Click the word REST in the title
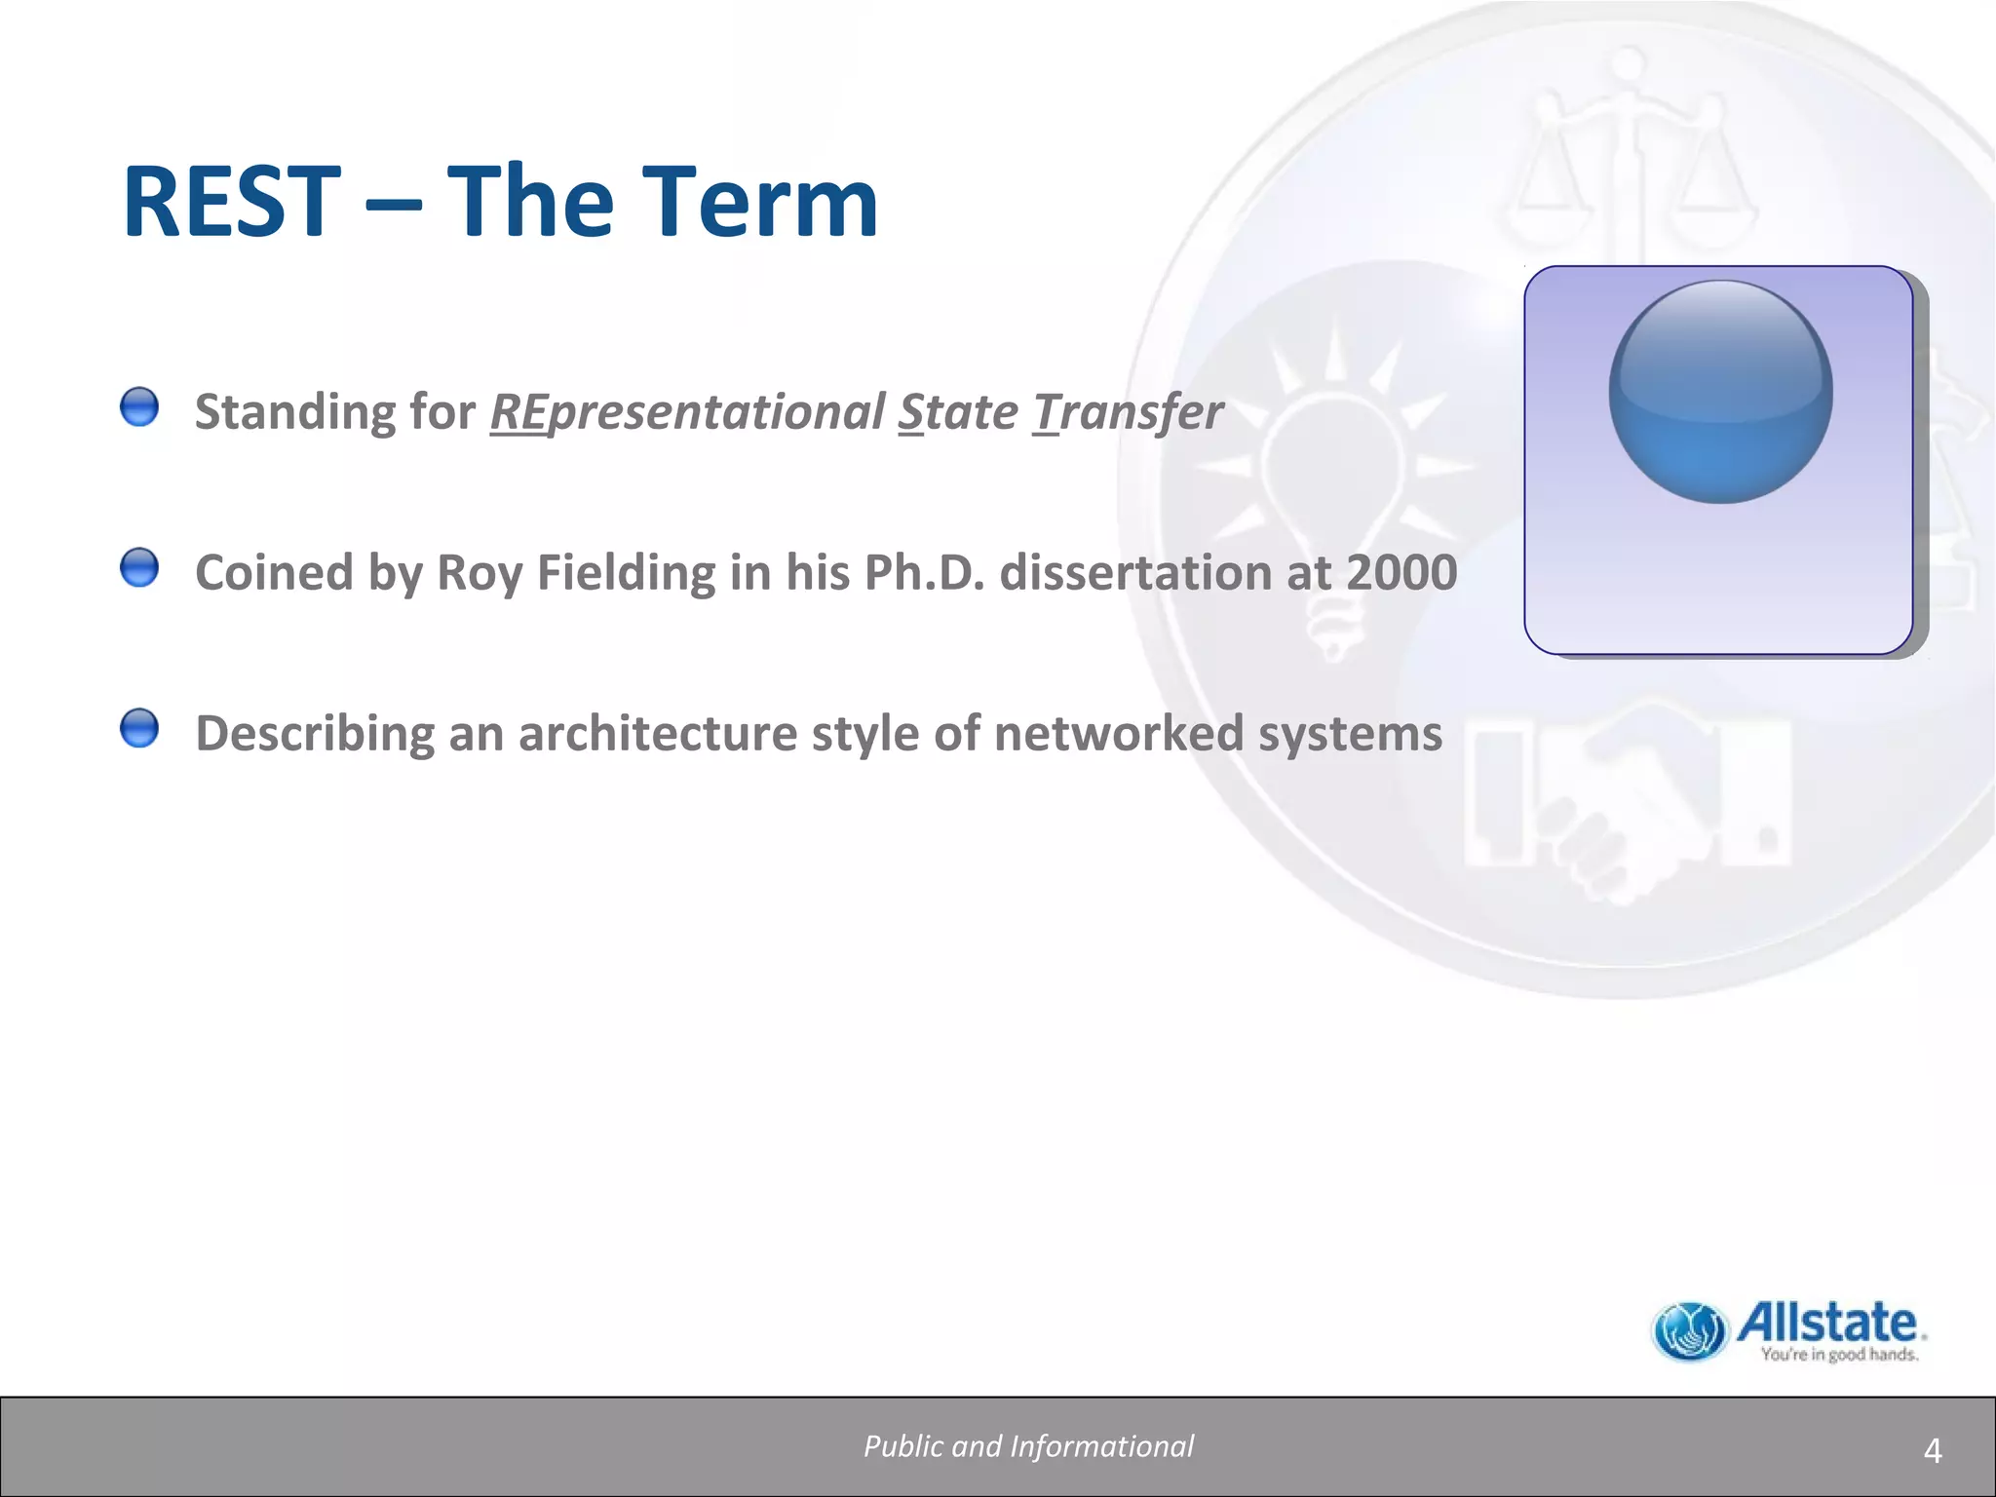point(232,203)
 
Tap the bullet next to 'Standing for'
point(139,406)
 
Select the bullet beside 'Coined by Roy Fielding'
point(139,567)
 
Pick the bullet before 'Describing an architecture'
point(139,728)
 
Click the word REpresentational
point(686,412)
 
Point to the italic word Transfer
point(1128,412)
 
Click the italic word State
point(957,412)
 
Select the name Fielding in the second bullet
point(626,572)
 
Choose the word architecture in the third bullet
point(658,733)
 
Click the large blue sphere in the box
point(1720,392)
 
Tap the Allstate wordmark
point(1828,1323)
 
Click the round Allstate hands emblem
point(1690,1331)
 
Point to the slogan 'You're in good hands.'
point(1839,1355)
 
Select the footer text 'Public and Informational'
point(1028,1446)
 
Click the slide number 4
point(1933,1452)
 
